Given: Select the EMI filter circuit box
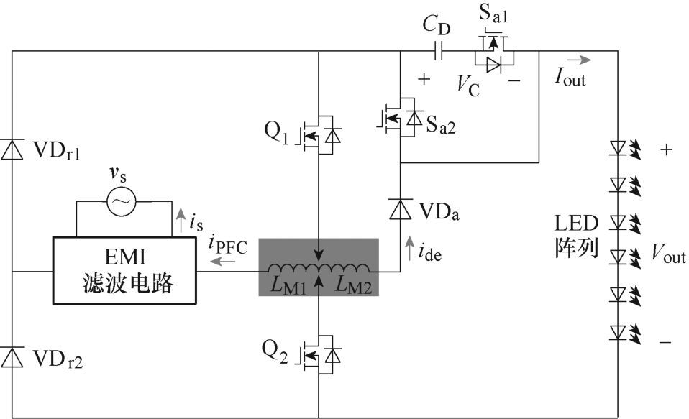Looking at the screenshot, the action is click(125, 270).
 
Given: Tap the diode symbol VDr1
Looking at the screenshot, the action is click(12, 149).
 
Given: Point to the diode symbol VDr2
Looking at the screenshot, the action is click(12, 356).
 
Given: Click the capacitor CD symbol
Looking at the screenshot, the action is click(439, 52).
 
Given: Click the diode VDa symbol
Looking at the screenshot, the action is click(401, 209).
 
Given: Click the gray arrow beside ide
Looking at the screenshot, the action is click(409, 248).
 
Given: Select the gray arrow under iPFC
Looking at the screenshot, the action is click(222, 262).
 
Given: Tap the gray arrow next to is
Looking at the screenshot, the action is click(181, 221).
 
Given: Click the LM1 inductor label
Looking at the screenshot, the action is click(288, 285).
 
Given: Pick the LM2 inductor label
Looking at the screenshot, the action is click(354, 285).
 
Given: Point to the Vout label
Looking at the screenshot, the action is click(668, 254).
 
